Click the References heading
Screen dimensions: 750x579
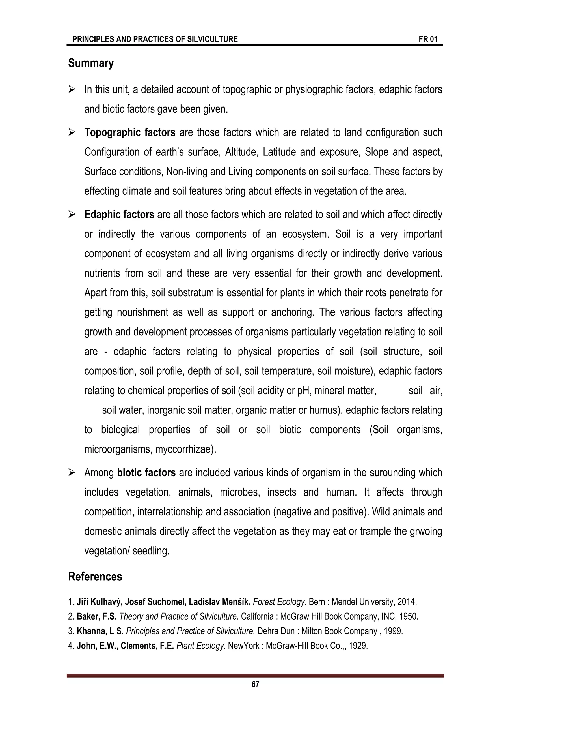(x=95, y=577)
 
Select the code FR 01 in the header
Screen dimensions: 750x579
(x=428, y=39)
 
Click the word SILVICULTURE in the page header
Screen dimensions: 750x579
(x=212, y=39)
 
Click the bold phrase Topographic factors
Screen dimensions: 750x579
(x=130, y=132)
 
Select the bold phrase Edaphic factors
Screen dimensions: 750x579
(x=119, y=215)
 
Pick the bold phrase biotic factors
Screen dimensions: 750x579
(x=146, y=473)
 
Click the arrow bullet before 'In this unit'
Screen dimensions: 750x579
(x=72, y=90)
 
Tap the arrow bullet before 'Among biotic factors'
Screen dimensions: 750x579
(x=72, y=473)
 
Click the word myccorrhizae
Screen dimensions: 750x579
(x=185, y=449)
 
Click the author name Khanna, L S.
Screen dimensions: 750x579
(x=100, y=631)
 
